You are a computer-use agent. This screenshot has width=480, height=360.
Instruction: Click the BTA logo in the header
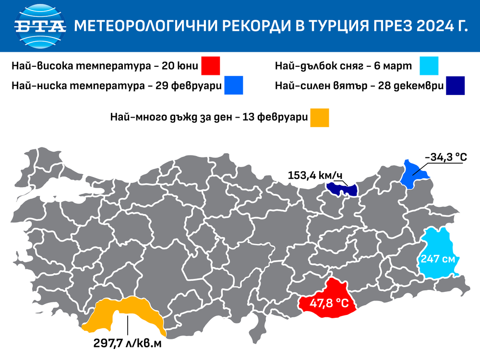tap(40, 25)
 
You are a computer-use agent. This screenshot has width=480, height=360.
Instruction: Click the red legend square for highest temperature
tap(210, 66)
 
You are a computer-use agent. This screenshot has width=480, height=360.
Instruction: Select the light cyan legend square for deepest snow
tap(429, 66)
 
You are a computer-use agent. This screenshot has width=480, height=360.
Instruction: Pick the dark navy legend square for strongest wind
tap(455, 86)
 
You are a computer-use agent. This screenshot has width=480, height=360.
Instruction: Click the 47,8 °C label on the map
tap(329, 303)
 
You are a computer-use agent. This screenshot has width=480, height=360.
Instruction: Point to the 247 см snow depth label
tap(437, 258)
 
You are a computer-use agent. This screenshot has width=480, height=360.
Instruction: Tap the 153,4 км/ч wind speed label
tap(314, 175)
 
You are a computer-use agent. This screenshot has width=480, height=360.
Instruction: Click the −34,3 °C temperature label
tap(446, 157)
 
